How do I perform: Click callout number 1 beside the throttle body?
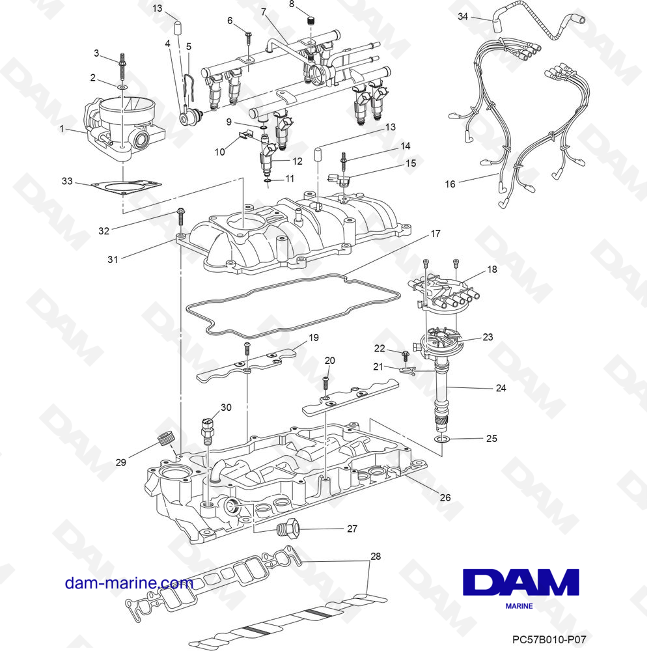63,130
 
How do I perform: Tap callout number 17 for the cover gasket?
436,233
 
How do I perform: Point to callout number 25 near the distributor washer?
491,438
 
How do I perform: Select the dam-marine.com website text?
129,583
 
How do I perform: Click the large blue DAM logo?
520,582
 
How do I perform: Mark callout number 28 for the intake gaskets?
374,557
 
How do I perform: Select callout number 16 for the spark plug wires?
450,184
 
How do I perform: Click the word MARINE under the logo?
519,607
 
